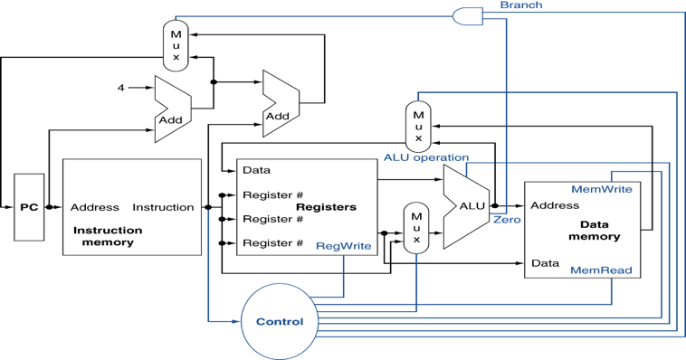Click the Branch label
click(x=521, y=5)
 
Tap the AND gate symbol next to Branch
click(x=467, y=15)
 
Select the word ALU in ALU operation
click(x=396, y=157)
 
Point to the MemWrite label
click(x=602, y=190)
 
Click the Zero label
click(x=506, y=220)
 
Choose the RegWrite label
click(x=343, y=246)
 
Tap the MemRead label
click(x=601, y=270)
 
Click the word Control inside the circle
click(x=280, y=322)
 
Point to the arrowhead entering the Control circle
click(x=237, y=321)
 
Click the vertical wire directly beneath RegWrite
click(x=344, y=276)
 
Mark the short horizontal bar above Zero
click(x=500, y=212)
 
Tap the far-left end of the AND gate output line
click(x=176, y=16)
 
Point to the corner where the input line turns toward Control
click(x=209, y=321)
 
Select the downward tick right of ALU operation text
click(x=467, y=170)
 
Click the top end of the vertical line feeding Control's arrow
click(x=209, y=211)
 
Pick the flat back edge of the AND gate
click(x=453, y=15)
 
